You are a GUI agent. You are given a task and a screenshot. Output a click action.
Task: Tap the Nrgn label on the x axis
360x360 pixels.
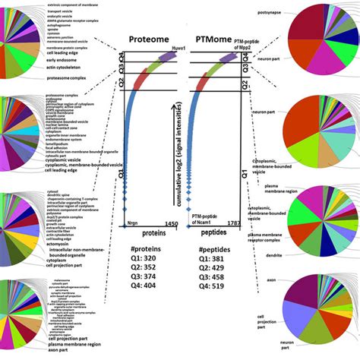(x=131, y=224)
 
